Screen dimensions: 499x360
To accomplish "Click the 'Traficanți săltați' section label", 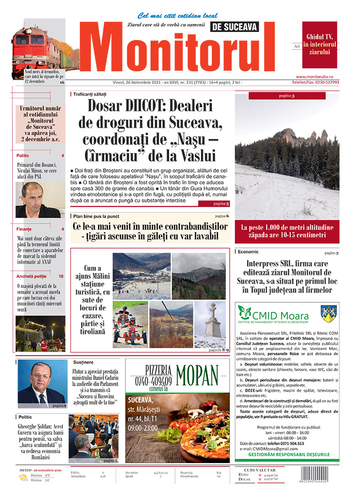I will (90, 94).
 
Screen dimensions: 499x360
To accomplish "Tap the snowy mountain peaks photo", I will (287, 155).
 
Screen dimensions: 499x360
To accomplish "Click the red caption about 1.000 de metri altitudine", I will (287, 231).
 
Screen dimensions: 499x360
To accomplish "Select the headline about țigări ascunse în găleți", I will (150, 231).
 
